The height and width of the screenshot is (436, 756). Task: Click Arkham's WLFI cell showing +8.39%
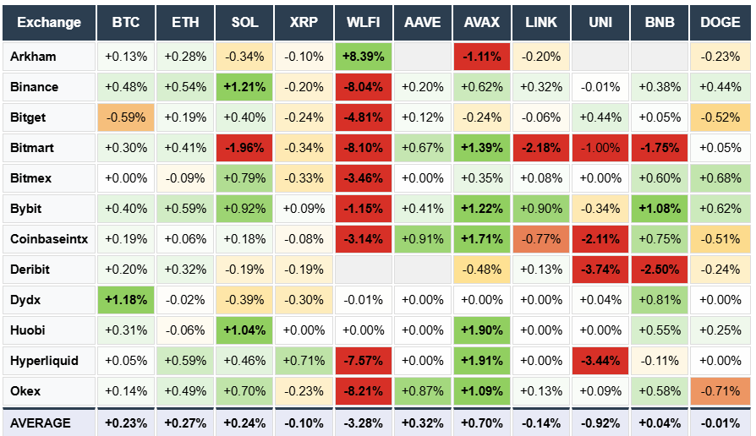point(363,57)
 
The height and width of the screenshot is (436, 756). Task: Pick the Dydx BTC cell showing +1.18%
point(126,300)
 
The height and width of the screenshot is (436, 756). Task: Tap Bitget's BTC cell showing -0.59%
point(126,117)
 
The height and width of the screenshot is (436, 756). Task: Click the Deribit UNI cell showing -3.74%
point(600,270)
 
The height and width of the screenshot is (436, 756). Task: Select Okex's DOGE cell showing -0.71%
point(720,391)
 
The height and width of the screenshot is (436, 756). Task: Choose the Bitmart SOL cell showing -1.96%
point(244,148)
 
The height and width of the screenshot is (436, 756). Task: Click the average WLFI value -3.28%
point(363,422)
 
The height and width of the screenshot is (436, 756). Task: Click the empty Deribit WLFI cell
point(363,270)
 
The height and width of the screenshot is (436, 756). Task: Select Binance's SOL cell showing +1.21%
point(244,87)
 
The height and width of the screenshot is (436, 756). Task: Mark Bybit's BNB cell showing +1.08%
point(660,209)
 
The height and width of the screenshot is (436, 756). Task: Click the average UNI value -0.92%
point(600,422)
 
